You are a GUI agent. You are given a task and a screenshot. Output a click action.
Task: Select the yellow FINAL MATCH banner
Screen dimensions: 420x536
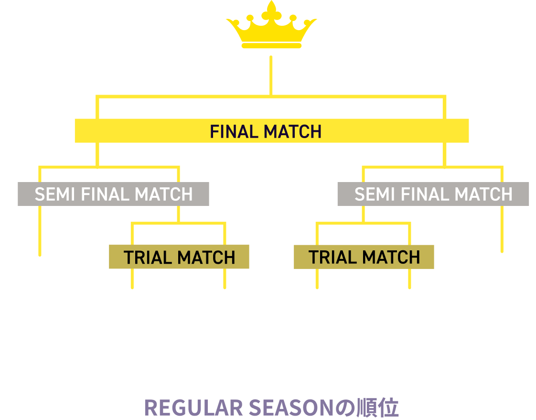tap(271, 130)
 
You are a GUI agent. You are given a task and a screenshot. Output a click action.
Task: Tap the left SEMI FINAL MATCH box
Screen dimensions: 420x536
tap(113, 194)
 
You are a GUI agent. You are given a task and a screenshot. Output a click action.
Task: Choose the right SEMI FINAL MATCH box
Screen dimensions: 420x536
tap(433, 194)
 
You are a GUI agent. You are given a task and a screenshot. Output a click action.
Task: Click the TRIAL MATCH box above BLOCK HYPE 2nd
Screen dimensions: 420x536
tap(179, 257)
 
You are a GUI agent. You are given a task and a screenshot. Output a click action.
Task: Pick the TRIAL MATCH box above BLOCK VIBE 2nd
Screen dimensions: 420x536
tap(364, 257)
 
